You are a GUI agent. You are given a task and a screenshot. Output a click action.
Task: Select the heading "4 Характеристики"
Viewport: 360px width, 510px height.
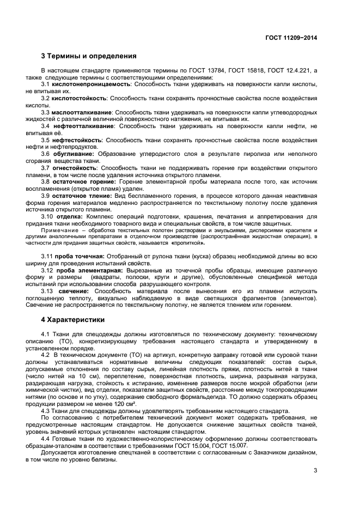pyautogui.click(x=74, y=319)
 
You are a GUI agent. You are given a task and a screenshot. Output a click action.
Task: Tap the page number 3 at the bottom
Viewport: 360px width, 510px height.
pyautogui.click(x=315, y=470)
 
